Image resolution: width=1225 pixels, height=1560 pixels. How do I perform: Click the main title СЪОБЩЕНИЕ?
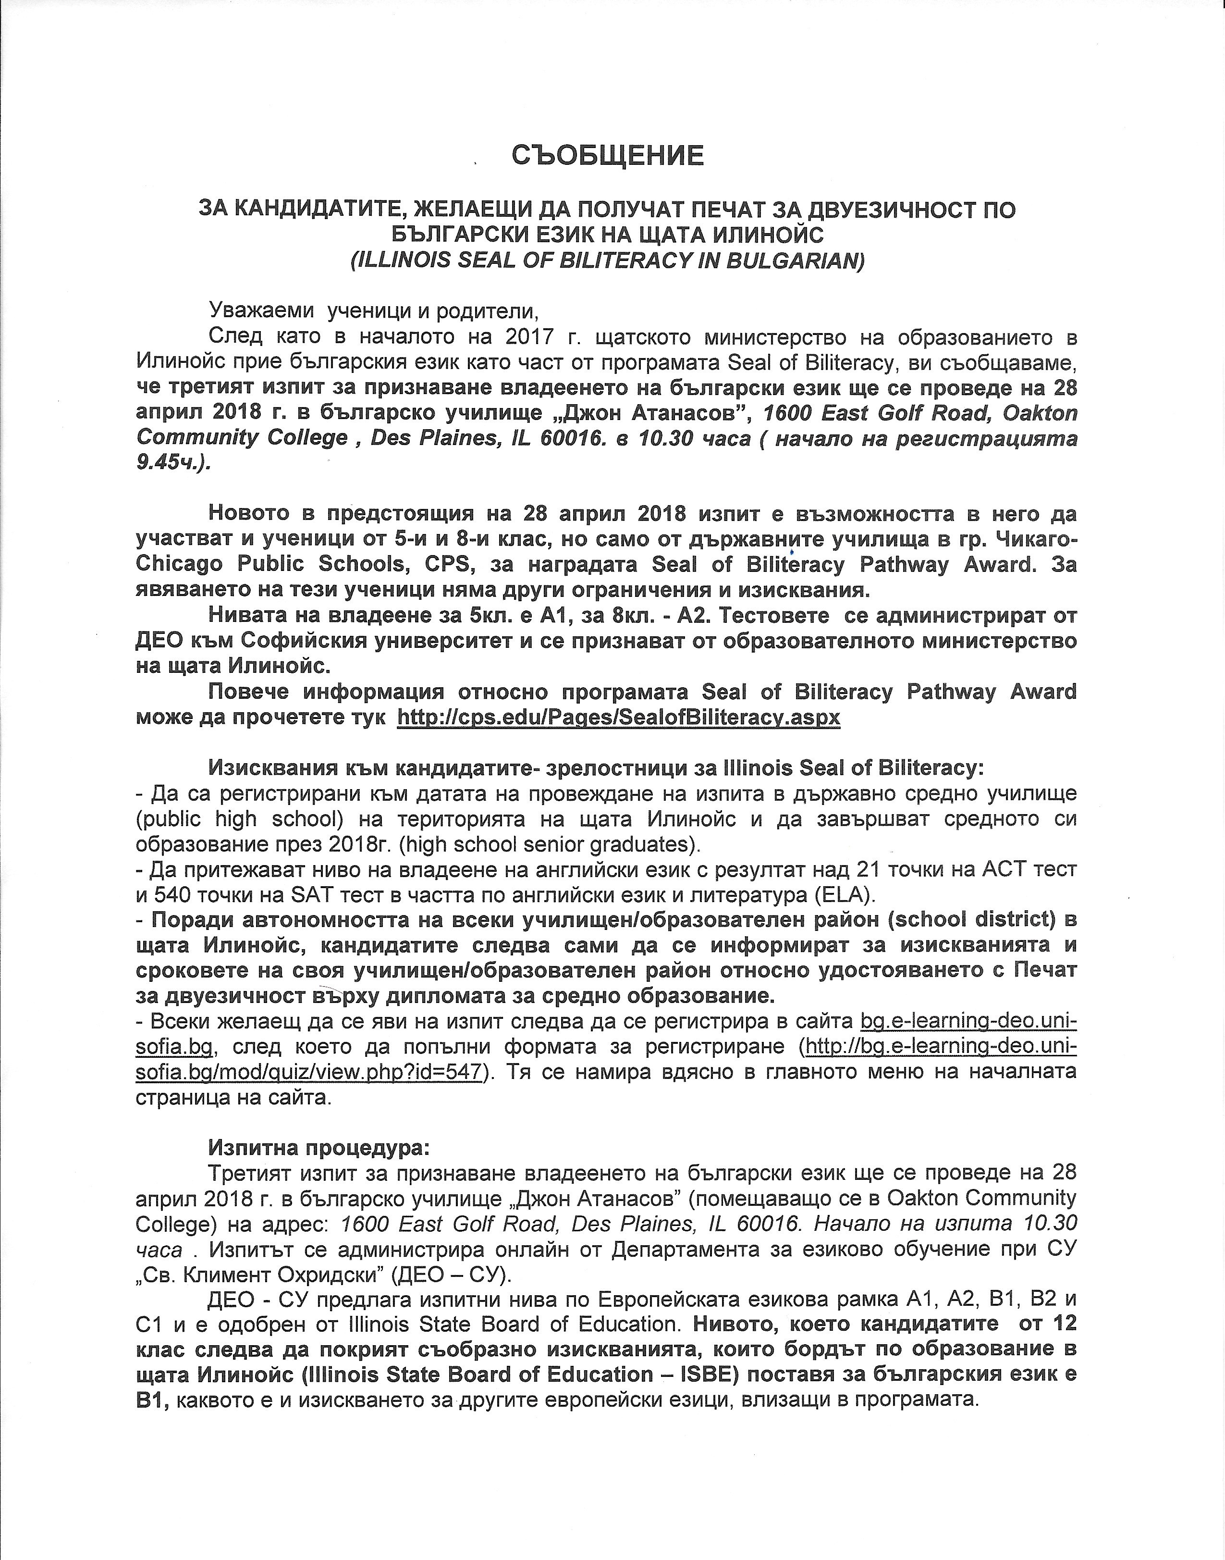[608, 156]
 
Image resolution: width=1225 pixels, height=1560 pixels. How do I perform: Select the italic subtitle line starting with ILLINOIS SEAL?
[608, 260]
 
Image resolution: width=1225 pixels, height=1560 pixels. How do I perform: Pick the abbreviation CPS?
[447, 565]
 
